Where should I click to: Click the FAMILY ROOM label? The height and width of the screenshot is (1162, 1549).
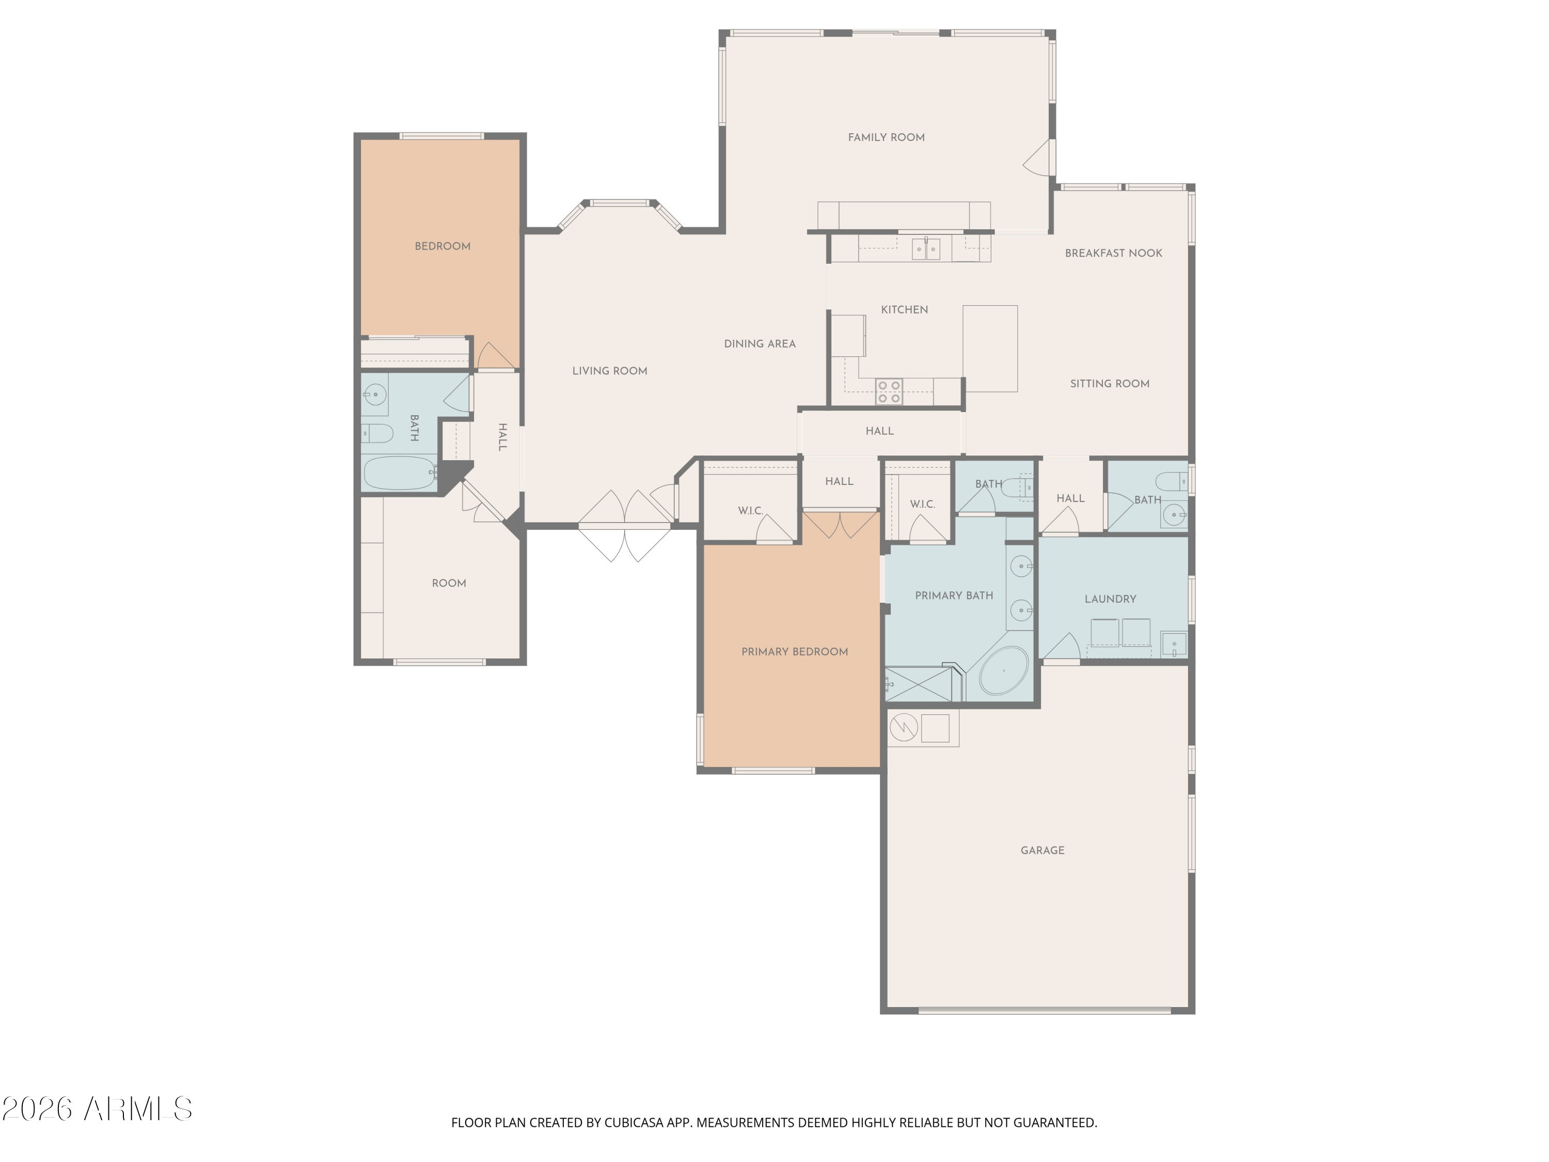pos(886,137)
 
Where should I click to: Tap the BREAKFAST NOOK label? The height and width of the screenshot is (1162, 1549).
pos(1113,253)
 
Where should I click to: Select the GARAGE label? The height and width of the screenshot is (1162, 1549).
pos(1042,850)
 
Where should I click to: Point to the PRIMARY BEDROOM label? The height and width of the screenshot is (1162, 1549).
pos(795,651)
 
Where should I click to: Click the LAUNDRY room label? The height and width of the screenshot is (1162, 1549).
pos(1110,599)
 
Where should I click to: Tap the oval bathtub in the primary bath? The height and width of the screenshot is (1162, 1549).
pos(1003,670)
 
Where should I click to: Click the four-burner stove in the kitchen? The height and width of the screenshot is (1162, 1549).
pos(889,392)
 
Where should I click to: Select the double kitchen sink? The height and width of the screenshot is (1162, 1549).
pos(926,248)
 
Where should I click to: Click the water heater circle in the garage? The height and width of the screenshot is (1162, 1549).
pos(904,728)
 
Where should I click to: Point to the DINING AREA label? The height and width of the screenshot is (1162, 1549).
pos(760,344)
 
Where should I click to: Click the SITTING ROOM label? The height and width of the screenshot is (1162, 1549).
pos(1110,384)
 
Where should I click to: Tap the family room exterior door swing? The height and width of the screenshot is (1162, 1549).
pos(1037,158)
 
